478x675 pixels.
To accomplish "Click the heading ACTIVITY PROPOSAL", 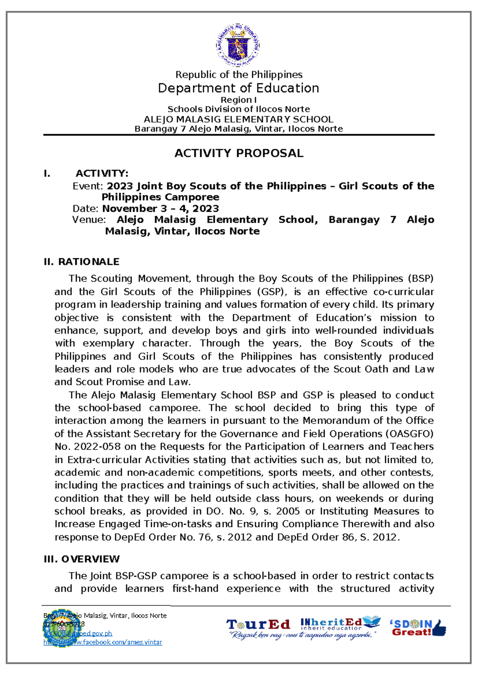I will [x=239, y=153].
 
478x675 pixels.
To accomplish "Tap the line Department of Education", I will [x=239, y=88].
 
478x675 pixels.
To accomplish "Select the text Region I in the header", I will [x=239, y=100].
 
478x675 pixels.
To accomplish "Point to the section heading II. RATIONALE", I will [x=81, y=261].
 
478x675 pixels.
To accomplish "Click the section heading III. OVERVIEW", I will [x=81, y=559].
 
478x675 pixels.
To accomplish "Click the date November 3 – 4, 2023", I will [x=161, y=209].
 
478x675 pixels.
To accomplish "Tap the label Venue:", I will [x=88, y=220].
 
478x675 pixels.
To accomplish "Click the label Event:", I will [x=88, y=186].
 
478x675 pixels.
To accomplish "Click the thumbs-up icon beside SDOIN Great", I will [x=439, y=628].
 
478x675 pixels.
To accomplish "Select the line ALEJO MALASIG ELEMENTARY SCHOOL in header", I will [x=239, y=119].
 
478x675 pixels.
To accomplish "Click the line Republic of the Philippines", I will [x=239, y=74].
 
